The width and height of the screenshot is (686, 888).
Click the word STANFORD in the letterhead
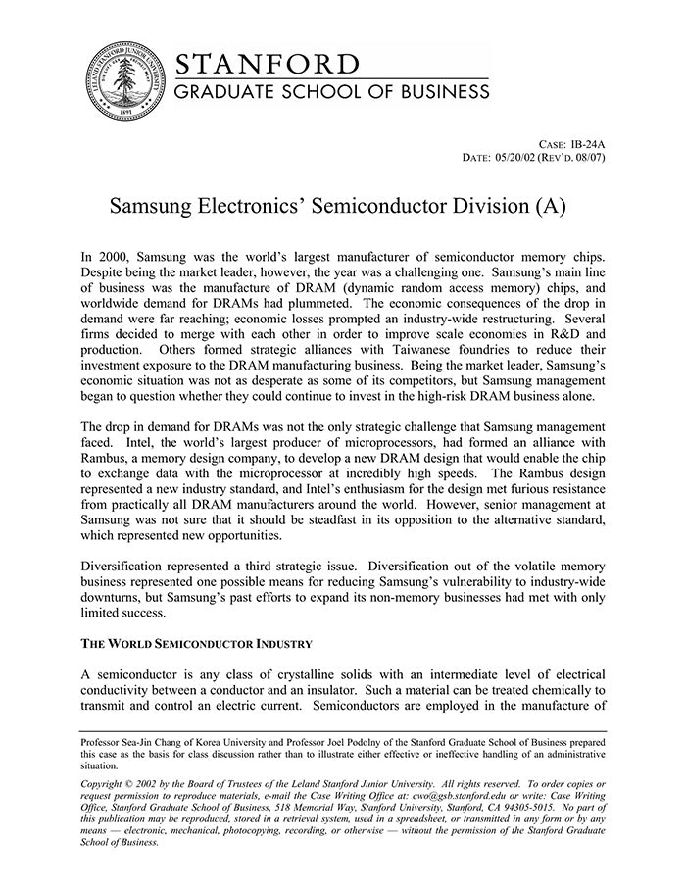267,65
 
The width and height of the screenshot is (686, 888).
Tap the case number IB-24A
588,143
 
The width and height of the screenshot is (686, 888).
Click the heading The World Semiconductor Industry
197,644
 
